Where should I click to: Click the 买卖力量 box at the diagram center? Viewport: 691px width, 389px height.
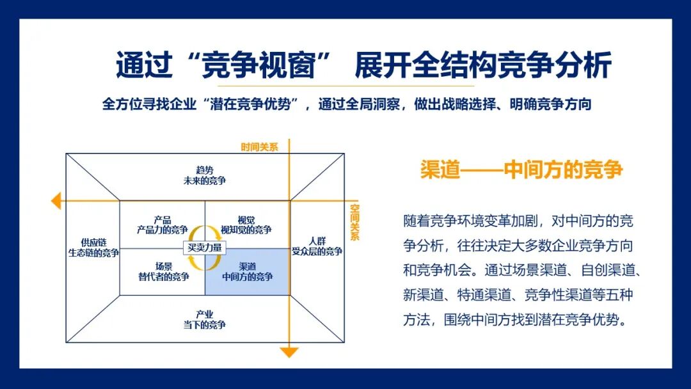[204, 248]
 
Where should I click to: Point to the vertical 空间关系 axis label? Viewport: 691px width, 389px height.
[354, 222]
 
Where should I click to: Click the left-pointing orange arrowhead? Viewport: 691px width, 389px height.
[56, 201]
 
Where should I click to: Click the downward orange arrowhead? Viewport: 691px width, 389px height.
[290, 353]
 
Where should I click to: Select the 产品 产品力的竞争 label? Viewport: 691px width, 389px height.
[162, 225]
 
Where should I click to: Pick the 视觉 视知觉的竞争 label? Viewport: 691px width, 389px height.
[246, 225]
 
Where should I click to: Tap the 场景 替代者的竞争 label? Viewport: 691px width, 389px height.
[163, 272]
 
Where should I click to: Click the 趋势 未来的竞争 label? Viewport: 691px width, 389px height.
[204, 175]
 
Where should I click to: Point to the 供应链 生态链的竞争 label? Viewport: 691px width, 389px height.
[93, 248]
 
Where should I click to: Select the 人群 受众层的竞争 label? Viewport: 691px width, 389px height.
[317, 246]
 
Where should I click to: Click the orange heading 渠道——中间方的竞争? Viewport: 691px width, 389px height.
[521, 170]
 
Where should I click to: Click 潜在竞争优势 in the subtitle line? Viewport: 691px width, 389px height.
[255, 104]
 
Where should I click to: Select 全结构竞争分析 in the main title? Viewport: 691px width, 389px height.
[512, 66]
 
